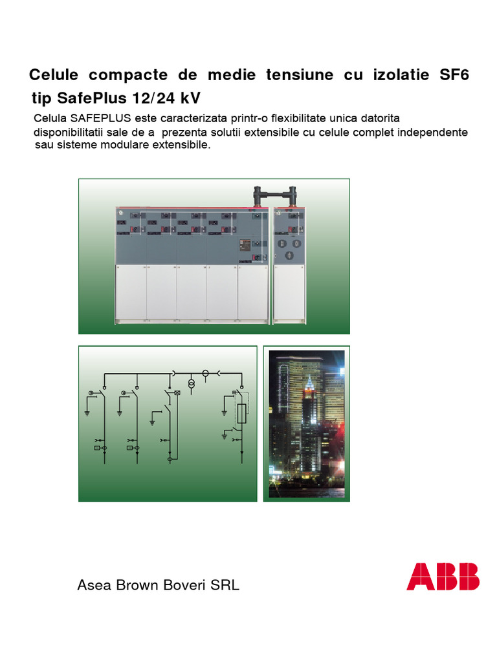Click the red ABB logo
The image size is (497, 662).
coord(443,576)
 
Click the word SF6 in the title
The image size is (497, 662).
coord(454,75)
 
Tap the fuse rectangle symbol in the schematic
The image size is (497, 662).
coord(241,414)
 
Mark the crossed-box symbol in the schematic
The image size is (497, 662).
coord(176,393)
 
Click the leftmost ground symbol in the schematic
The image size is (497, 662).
coord(87,412)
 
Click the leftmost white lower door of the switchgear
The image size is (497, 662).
coord(131,292)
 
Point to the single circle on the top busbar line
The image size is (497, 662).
coord(206,374)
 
